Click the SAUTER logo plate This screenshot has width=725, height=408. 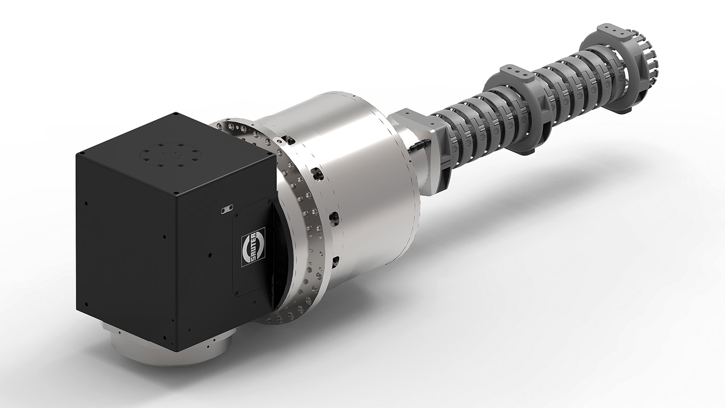[x=253, y=246]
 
